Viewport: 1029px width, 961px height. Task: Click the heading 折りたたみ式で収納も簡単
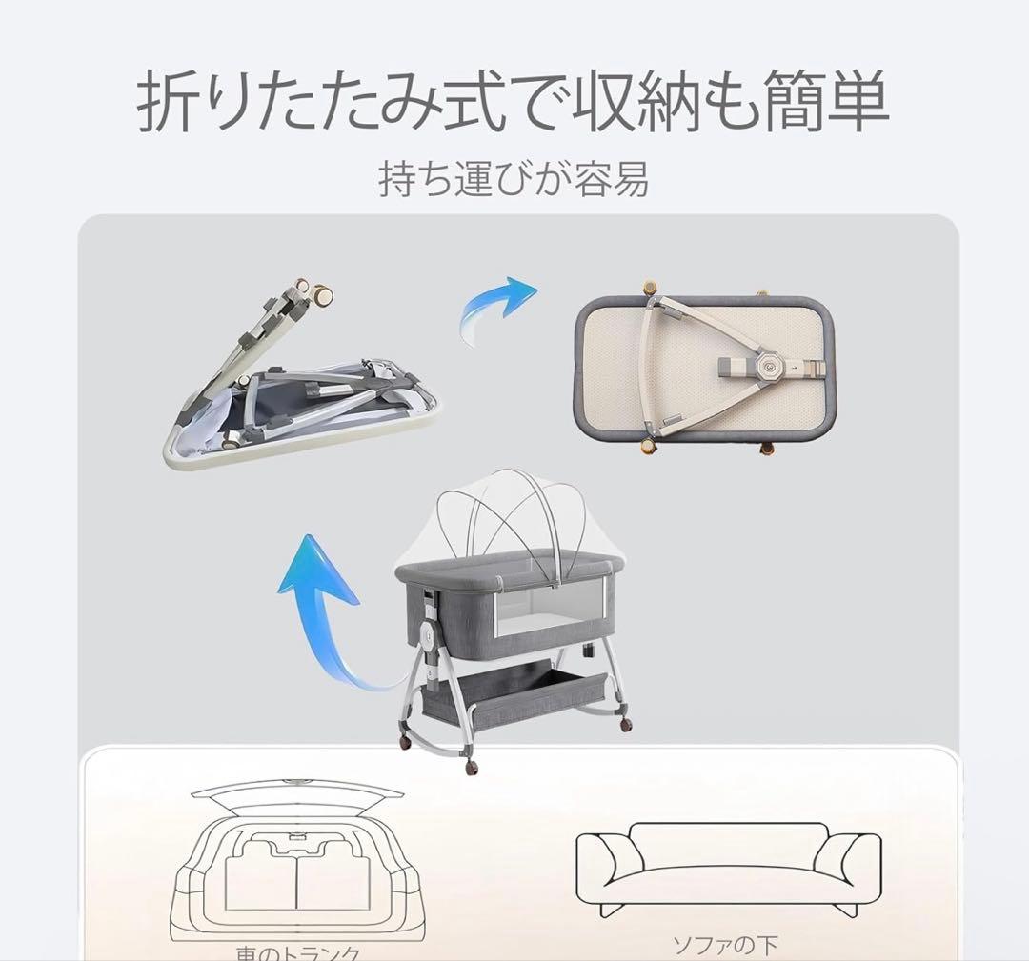514,104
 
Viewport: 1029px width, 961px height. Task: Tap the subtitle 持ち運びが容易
514,179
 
